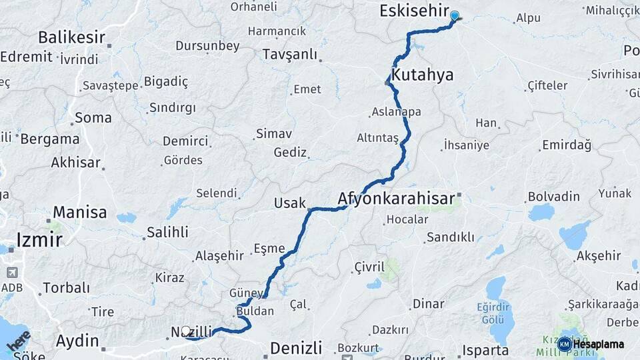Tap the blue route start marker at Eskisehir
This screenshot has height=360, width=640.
click(x=455, y=15)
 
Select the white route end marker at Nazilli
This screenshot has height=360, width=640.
click(x=186, y=330)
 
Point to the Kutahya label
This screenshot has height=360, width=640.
click(x=423, y=75)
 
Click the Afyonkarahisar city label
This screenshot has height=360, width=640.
click(x=396, y=198)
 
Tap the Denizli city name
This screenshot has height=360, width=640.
click(x=295, y=347)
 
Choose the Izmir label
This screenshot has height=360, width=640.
click(x=39, y=240)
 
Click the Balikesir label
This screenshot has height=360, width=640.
click(x=73, y=37)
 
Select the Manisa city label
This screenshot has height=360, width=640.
click(x=80, y=213)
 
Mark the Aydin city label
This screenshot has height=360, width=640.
click(x=77, y=341)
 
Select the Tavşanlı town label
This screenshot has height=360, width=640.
click(x=290, y=54)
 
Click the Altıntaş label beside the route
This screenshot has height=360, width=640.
click(x=377, y=137)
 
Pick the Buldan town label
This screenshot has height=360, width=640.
click(x=255, y=311)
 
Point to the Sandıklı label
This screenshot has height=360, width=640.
click(x=451, y=237)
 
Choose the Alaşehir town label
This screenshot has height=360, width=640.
click(x=220, y=256)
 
